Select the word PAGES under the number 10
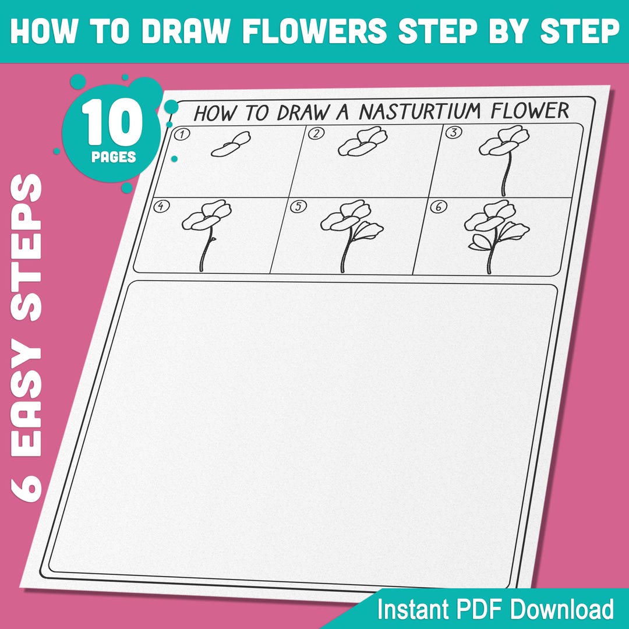114,157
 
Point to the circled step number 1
182,135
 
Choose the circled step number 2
316,133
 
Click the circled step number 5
299,206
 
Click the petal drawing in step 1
231,144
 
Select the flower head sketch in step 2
362,142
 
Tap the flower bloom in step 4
206,215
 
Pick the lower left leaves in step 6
478,242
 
